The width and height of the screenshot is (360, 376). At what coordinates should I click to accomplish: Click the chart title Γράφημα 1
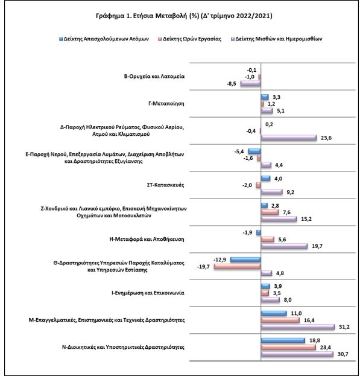[184, 16]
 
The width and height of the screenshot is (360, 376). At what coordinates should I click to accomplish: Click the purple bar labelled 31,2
[298, 327]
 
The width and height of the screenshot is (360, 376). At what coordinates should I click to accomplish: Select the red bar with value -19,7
[237, 266]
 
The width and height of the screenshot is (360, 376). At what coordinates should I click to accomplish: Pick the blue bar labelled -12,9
[245, 260]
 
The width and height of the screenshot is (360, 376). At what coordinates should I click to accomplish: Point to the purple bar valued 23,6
[289, 138]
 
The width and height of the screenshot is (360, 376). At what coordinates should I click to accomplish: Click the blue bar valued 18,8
[283, 340]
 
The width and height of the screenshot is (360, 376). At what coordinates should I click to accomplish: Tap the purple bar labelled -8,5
[250, 83]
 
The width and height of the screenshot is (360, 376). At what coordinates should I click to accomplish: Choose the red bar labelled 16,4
[280, 320]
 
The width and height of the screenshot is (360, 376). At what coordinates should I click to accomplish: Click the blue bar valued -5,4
[254, 151]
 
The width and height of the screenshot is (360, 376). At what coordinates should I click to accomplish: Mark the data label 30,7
[343, 354]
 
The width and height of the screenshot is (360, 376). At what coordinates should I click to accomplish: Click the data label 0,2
[269, 124]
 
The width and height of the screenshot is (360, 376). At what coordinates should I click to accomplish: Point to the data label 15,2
[306, 219]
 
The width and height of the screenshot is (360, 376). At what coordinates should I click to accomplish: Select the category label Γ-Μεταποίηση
[166, 104]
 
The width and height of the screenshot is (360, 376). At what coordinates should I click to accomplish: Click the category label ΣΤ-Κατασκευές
[165, 185]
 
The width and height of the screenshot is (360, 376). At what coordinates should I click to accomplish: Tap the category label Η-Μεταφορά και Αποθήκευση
[147, 240]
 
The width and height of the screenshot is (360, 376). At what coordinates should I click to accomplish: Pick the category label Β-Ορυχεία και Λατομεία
[154, 77]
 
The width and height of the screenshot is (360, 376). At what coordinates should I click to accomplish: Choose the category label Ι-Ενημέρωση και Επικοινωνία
[148, 293]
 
